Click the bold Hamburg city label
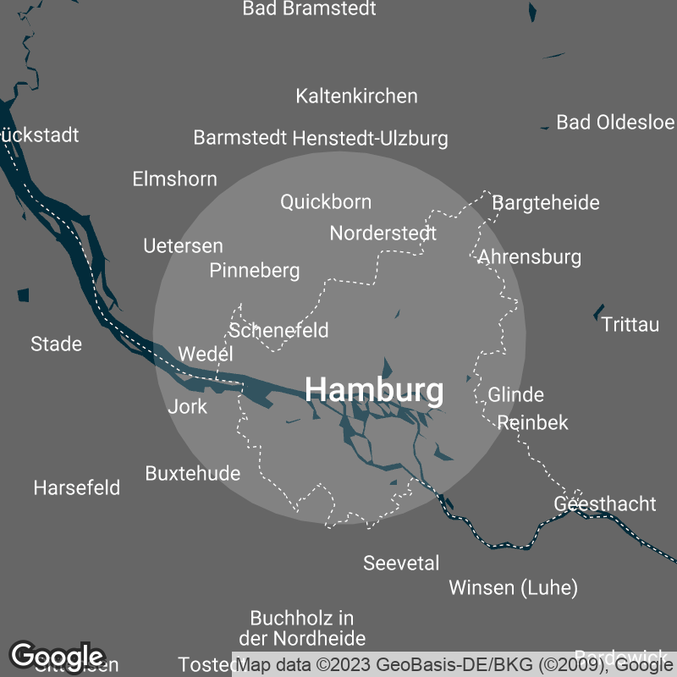[x=374, y=390]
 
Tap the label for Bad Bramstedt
[x=309, y=9]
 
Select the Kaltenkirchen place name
[x=356, y=96]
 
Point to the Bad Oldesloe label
[x=615, y=122]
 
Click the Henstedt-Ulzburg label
[x=370, y=138]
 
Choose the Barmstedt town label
[x=240, y=138]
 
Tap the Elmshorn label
[x=174, y=179]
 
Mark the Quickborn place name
[x=326, y=201]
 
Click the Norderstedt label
[x=383, y=233]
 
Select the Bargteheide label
[x=546, y=202]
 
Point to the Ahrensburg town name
[x=530, y=256]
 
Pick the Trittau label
[x=630, y=324]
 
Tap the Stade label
[x=56, y=344]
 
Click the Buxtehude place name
[x=193, y=473]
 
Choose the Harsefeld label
[x=77, y=487]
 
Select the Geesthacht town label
[x=604, y=504]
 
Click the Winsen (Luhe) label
[x=513, y=587]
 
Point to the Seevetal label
[x=401, y=563]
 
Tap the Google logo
[x=57, y=656]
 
